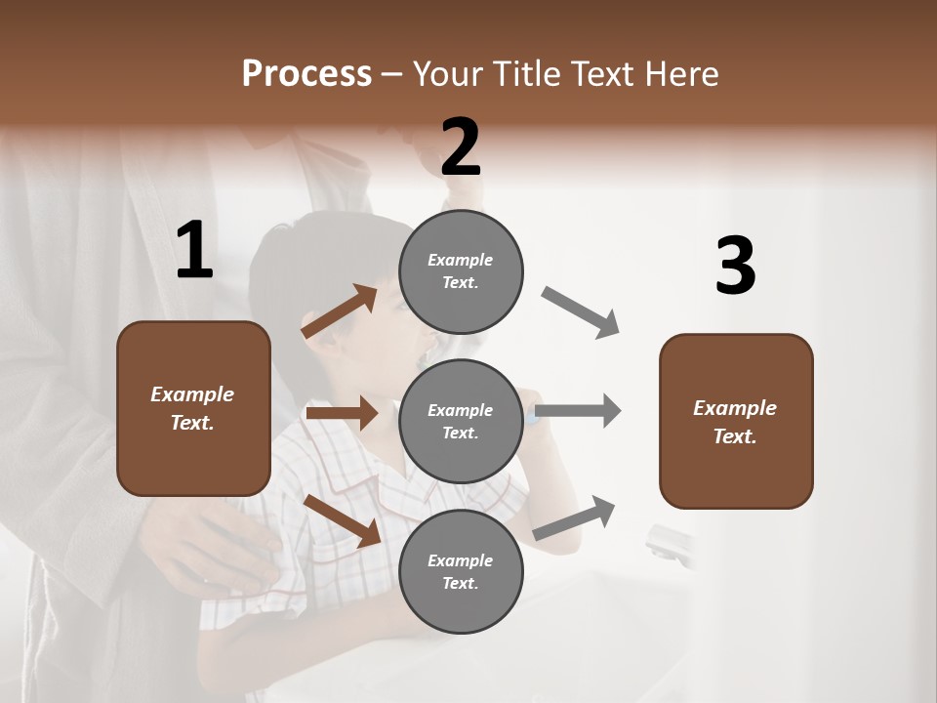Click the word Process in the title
pos(306,74)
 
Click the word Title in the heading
pos(527,74)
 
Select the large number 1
pos(194,251)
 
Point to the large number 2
pos(461,147)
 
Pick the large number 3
pos(735,267)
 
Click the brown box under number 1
pos(193,408)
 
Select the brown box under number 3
pos(736,421)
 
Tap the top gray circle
pos(461,271)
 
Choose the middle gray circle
pos(461,421)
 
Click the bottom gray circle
pos(461,571)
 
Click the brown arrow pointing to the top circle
pos(340,311)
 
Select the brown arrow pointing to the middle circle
pos(342,413)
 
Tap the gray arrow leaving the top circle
pos(581,312)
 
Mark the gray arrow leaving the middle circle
pos(579,410)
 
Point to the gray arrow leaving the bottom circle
pos(575,517)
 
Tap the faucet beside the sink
pos(669,542)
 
